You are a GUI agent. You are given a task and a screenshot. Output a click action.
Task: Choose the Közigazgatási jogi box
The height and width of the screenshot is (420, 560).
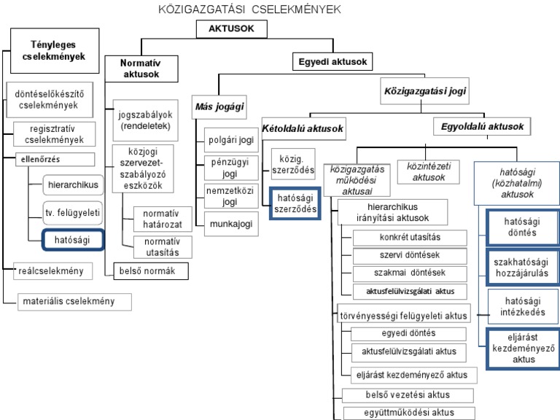[x=425, y=92]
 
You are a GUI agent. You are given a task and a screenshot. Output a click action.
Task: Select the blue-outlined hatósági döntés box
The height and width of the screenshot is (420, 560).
[x=521, y=227]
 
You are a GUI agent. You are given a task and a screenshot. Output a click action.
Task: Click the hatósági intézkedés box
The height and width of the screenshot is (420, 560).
[x=521, y=307]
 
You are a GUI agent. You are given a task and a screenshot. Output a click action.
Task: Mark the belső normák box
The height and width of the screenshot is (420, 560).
[x=151, y=271]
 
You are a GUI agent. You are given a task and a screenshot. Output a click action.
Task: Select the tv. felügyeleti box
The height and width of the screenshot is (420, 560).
[x=71, y=212]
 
